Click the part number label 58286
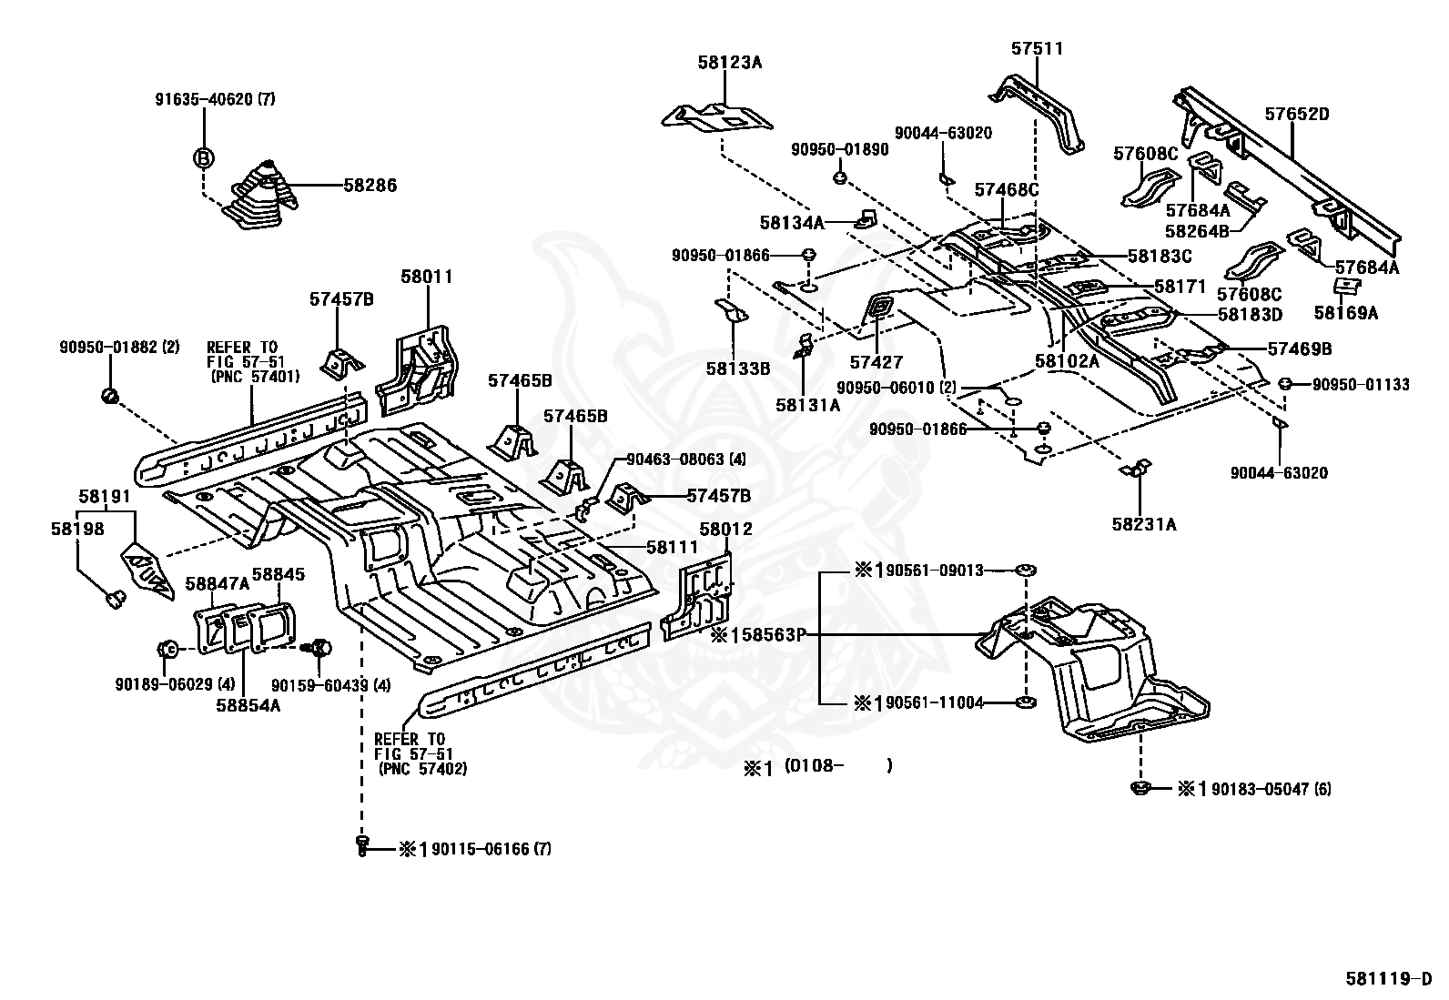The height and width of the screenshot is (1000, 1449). coord(370,186)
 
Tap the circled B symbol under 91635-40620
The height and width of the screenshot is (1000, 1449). coord(202,157)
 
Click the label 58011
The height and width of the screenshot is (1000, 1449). coord(426,277)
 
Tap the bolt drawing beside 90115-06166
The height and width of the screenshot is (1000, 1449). coord(362,846)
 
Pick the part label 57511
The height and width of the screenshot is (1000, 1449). coord(1036,48)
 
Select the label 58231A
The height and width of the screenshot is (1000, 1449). coord(1143,524)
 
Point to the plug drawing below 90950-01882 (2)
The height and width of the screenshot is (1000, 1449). coord(109,396)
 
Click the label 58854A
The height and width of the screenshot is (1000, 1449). coord(248,703)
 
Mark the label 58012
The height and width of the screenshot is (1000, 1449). coord(726,529)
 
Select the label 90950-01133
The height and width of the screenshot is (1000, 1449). coord(1360,385)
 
